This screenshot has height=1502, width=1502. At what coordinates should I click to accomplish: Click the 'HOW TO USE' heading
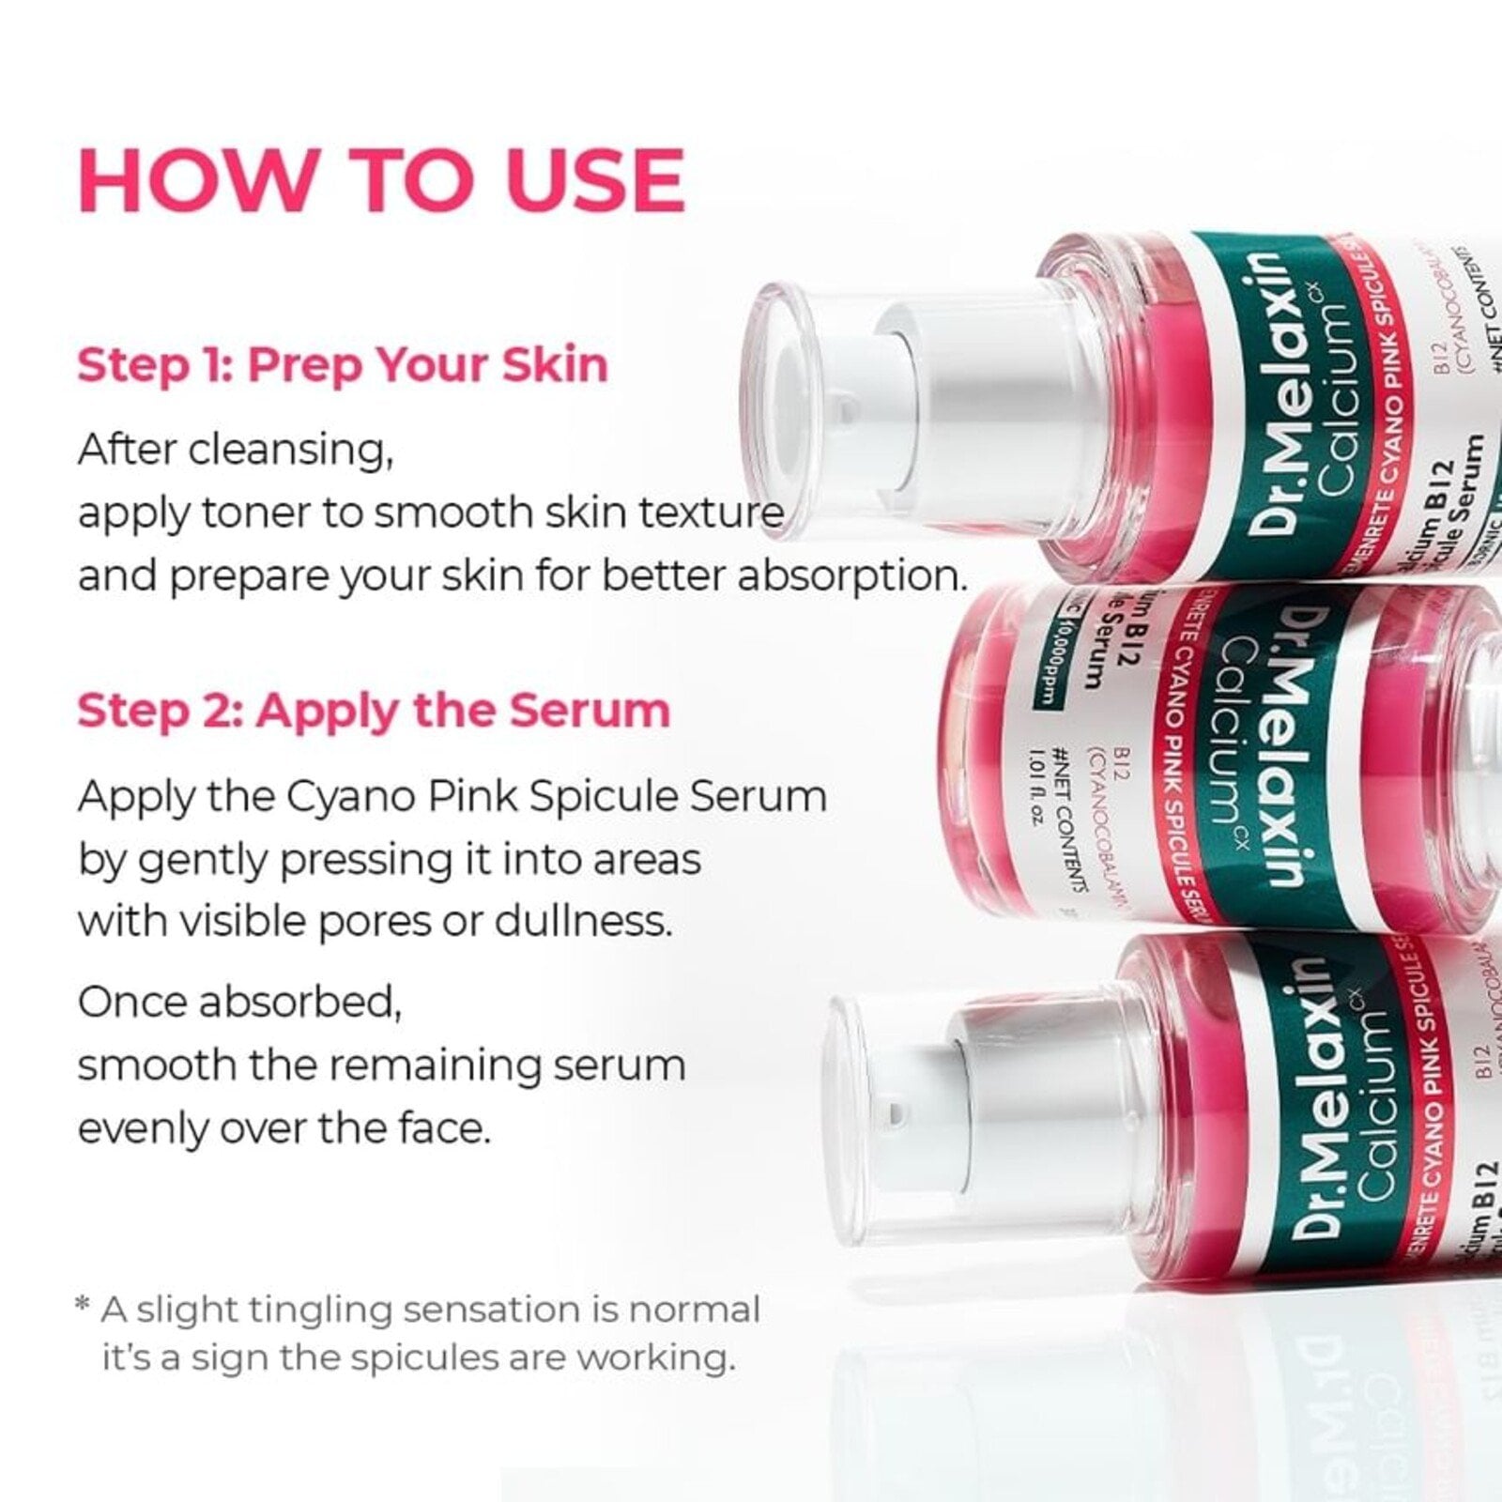[381, 180]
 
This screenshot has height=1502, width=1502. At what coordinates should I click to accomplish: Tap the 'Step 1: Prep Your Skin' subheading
[343, 365]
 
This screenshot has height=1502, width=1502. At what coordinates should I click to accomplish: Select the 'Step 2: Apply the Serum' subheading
[374, 711]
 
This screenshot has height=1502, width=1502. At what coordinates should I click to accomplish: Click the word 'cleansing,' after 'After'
[291, 451]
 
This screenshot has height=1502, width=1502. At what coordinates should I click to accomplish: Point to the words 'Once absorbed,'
[240, 1003]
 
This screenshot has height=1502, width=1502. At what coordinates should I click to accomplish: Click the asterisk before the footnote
[83, 1307]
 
